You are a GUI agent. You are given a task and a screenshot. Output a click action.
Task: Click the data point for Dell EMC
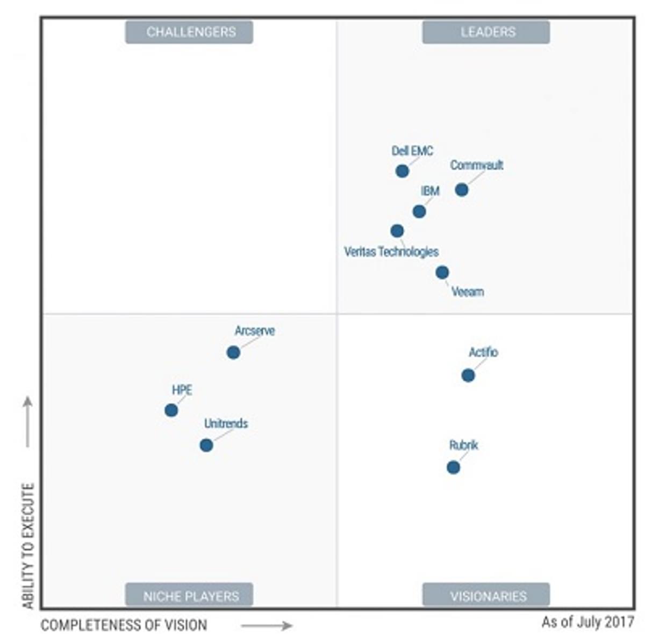[x=402, y=171]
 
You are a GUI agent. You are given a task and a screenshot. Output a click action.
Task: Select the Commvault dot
[x=461, y=189]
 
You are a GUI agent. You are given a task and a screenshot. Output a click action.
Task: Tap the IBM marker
[x=419, y=211]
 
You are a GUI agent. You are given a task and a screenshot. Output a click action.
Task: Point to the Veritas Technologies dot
[x=397, y=231]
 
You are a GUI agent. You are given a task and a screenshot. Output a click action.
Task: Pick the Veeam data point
[x=442, y=273]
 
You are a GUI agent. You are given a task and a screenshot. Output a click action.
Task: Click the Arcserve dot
[x=233, y=352]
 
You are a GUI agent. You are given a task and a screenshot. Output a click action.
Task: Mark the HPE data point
[x=171, y=410]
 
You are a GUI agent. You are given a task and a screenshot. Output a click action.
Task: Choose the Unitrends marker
[x=206, y=445]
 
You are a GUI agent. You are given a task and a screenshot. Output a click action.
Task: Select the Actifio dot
[x=468, y=375]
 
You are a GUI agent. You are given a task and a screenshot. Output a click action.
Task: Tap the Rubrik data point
[x=453, y=467]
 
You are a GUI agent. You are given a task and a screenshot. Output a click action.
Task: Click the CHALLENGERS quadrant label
[x=189, y=32]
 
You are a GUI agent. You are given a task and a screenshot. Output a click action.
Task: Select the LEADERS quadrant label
[x=486, y=32]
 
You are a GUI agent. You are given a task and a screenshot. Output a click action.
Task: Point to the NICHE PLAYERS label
[x=189, y=596]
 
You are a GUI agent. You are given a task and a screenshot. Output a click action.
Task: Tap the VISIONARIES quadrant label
[x=486, y=596]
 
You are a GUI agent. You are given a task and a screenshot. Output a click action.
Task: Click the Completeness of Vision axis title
[x=124, y=625]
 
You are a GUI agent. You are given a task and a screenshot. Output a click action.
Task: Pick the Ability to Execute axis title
[x=28, y=546]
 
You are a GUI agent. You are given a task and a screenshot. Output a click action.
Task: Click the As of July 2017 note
[x=588, y=622]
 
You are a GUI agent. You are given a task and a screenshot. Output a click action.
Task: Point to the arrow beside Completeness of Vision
[x=267, y=625]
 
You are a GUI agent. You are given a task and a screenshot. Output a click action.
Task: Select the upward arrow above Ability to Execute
[x=28, y=422]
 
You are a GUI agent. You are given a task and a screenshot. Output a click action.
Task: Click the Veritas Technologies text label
[x=391, y=252]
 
